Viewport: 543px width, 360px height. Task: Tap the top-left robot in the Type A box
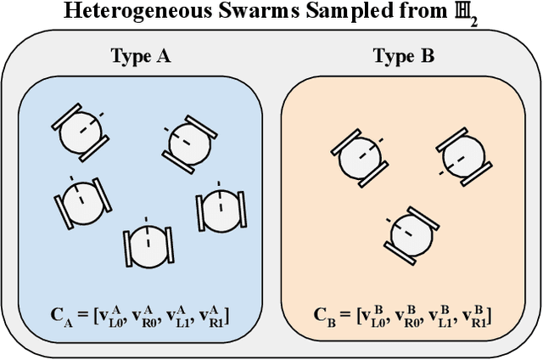click(81, 131)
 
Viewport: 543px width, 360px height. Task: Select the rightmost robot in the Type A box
click(220, 210)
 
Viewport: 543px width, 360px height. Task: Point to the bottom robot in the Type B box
click(411, 230)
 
